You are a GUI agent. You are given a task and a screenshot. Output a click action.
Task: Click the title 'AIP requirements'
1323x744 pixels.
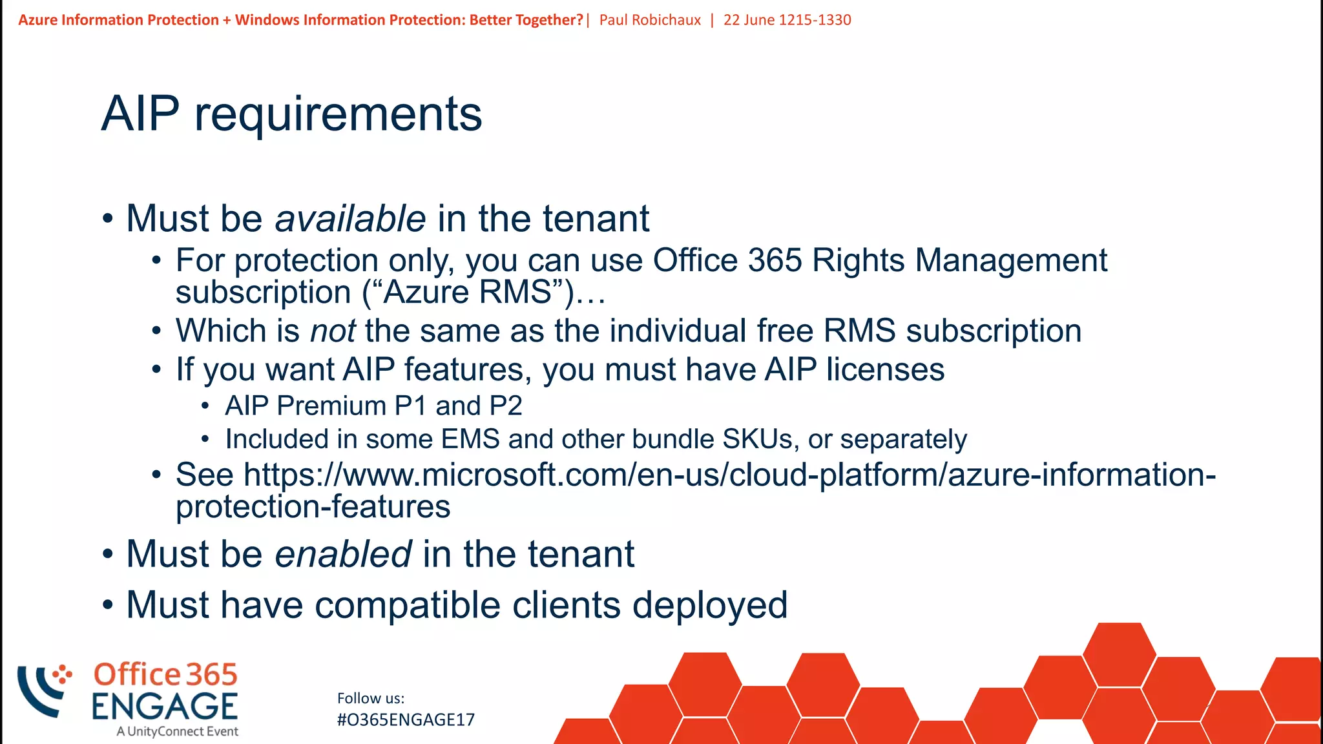coord(291,114)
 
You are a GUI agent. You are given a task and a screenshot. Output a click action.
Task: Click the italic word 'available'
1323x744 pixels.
coord(350,218)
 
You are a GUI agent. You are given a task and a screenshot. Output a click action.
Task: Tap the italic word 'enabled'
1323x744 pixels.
coord(343,554)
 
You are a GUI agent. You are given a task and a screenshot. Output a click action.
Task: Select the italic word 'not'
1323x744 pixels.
coord(333,331)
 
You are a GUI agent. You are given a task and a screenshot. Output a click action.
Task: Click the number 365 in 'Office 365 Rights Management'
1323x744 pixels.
coord(775,260)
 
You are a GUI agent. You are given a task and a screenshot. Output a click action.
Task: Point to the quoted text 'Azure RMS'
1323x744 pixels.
coord(468,292)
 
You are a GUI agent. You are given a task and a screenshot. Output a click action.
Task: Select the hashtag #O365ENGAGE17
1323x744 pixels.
coord(406,719)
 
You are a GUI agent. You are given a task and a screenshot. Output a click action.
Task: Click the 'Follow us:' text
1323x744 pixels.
coord(371,698)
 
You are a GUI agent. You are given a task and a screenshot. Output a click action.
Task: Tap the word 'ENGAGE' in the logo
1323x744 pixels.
coord(165,706)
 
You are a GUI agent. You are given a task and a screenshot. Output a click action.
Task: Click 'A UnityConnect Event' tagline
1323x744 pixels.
coord(178,732)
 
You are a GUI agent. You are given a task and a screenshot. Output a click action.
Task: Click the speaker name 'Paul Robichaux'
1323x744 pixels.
coord(650,20)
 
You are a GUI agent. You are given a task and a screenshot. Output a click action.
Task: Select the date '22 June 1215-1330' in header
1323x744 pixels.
coord(787,20)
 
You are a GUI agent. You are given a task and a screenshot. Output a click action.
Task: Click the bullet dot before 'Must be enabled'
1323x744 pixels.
coord(108,554)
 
